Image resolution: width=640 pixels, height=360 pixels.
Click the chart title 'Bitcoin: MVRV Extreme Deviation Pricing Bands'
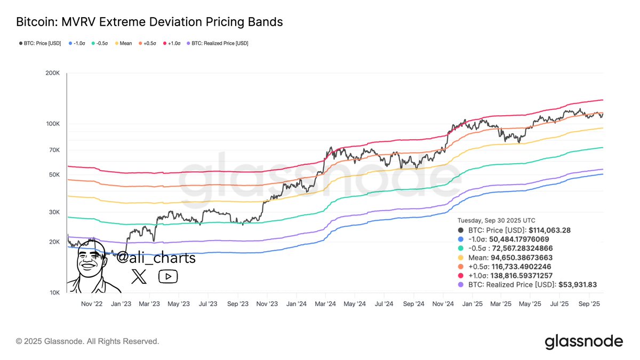pos(149,22)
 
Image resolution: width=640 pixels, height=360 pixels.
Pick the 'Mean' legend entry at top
pos(124,43)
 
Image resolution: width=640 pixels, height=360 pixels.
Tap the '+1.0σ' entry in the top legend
pos(174,43)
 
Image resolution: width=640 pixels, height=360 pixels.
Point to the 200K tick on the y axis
pos(52,73)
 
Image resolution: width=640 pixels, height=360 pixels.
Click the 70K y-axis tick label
pos(54,150)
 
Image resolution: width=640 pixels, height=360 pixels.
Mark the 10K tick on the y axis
pos(54,293)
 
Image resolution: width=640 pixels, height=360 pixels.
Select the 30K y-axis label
pos(54,212)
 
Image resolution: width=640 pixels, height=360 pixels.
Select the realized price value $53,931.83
pos(577,285)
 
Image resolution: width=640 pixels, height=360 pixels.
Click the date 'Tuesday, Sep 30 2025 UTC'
pos(496,220)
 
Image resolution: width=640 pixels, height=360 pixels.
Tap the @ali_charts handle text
pos(156,258)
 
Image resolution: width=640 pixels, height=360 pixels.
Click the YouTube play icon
pos(168,276)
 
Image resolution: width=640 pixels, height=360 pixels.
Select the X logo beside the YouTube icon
pos(139,276)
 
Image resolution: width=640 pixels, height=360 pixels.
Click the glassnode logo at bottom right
pos(583,341)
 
